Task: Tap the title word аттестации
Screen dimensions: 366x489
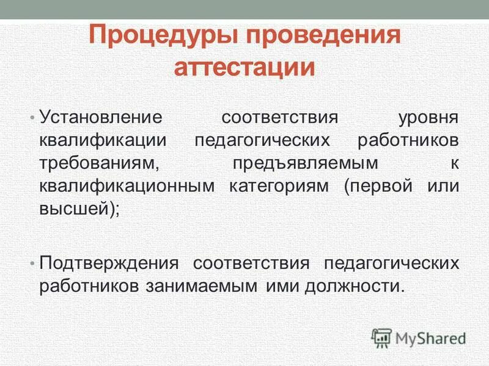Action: click(244, 66)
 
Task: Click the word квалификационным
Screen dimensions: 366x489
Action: click(127, 186)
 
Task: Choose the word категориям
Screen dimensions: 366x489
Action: click(279, 186)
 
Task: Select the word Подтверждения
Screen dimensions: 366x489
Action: click(108, 263)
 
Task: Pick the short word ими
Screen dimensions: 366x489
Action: click(278, 286)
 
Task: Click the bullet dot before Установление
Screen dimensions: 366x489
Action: click(32, 116)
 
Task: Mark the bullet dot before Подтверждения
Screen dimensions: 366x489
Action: click(32, 263)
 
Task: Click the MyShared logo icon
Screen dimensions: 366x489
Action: click(382, 337)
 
